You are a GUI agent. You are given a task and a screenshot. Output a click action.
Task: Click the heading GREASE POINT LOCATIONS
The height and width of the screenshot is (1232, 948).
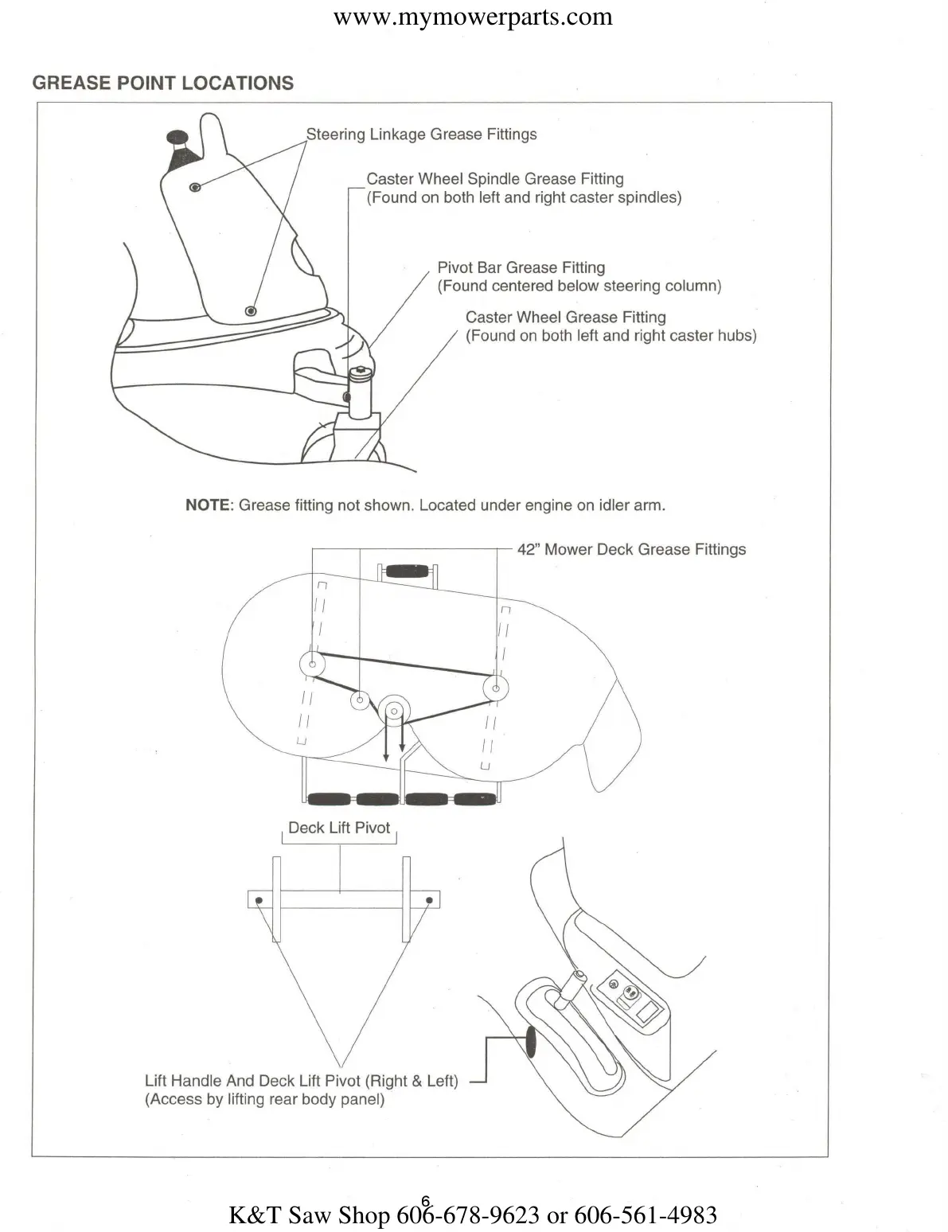(162, 84)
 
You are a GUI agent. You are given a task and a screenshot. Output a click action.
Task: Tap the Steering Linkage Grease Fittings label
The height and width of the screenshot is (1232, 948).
(421, 135)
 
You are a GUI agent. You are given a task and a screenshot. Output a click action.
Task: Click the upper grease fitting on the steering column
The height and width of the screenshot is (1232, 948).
(195, 187)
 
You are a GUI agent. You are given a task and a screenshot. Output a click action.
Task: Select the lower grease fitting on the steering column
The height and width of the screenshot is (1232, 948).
(251, 310)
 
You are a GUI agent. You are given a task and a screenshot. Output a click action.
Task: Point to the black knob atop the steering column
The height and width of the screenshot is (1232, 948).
(178, 137)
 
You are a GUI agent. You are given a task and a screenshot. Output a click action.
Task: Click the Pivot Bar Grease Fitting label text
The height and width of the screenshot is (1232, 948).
(521, 268)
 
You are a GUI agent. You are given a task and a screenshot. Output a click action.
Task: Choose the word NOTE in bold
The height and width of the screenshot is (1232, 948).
(208, 505)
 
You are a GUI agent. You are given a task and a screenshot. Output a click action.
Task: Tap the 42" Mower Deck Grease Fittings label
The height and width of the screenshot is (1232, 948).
(631, 549)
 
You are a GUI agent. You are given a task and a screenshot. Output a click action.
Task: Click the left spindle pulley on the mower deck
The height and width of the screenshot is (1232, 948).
(312, 664)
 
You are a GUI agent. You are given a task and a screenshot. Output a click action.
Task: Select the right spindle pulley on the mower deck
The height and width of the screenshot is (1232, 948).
(497, 688)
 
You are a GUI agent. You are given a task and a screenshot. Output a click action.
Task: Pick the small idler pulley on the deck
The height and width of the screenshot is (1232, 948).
(360, 700)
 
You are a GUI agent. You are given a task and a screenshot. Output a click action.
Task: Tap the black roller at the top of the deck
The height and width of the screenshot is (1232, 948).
(408, 571)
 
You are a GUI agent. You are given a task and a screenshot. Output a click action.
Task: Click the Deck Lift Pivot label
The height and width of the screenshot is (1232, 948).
(339, 828)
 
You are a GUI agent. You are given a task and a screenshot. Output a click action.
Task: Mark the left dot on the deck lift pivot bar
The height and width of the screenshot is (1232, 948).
(259, 901)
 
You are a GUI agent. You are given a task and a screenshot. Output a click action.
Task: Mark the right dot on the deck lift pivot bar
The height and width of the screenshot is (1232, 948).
(429, 901)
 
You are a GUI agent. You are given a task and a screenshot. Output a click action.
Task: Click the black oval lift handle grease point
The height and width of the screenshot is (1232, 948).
(530, 1042)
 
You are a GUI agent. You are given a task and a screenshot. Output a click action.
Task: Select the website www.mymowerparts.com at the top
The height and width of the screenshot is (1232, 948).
(473, 17)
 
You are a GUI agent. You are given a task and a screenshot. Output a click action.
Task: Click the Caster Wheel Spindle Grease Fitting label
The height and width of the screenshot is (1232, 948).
(494, 179)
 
